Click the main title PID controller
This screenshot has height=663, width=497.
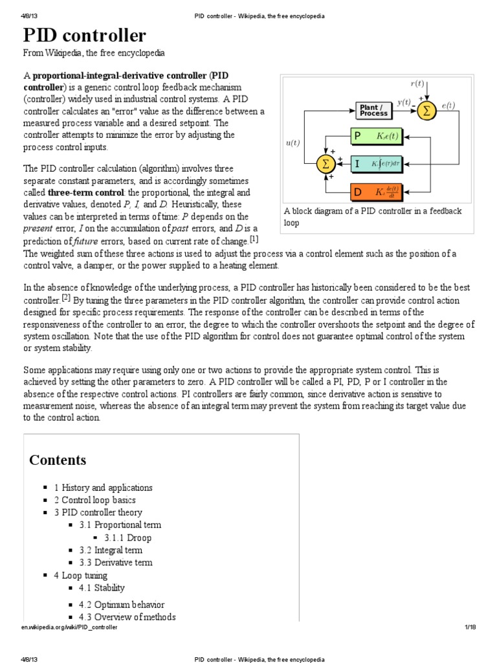(85, 36)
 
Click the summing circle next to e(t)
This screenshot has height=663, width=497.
(426, 111)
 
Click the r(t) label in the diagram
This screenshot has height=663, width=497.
(418, 84)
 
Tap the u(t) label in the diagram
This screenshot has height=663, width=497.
(293, 142)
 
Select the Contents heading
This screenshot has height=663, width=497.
(58, 460)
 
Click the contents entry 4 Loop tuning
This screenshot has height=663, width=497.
(81, 575)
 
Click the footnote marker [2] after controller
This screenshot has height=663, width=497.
(65, 298)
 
